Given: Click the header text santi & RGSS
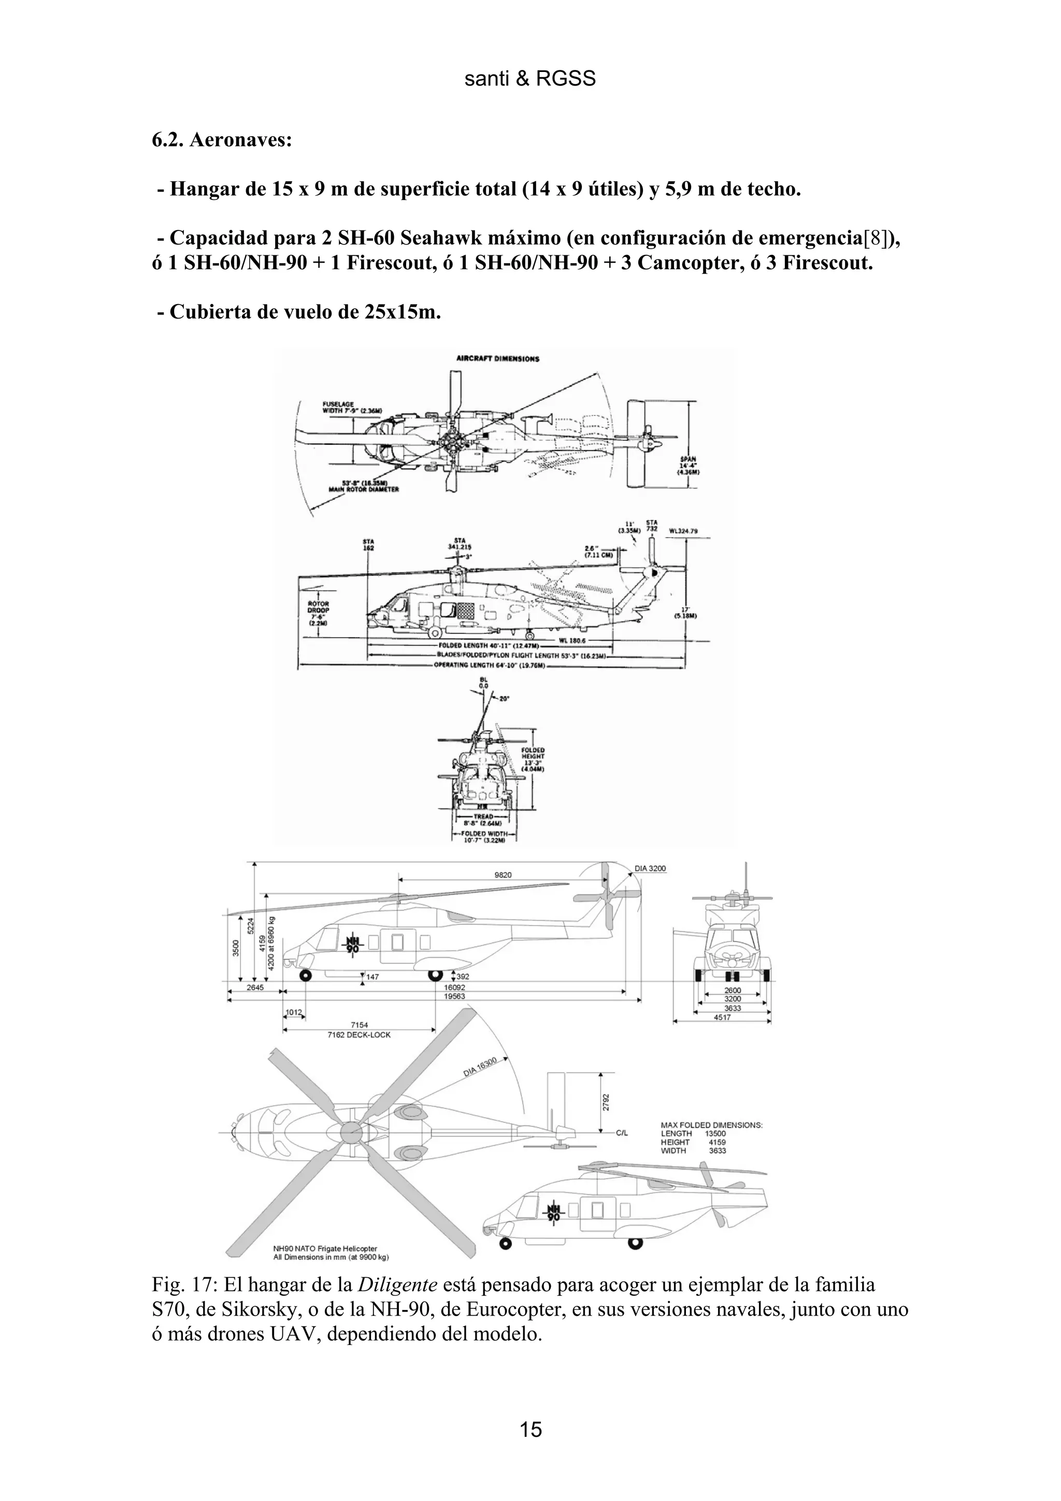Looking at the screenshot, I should coord(529,79).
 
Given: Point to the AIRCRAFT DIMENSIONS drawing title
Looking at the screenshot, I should coord(497,359).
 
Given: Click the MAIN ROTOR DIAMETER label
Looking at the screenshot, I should coord(362,488).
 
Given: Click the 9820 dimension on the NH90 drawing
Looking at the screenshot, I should coord(503,875).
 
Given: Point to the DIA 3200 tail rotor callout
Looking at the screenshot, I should coord(651,869).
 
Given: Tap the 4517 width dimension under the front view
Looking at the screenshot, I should coord(722,1017).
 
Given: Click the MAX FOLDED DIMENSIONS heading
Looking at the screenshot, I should coord(712,1125).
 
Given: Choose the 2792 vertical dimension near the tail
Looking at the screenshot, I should coord(606,1103).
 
